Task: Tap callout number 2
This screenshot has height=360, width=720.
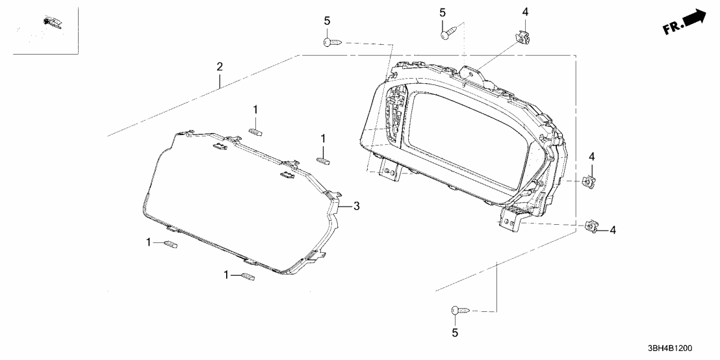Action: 220,66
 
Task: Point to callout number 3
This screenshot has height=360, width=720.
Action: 356,206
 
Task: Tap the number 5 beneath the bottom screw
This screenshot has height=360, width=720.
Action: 455,333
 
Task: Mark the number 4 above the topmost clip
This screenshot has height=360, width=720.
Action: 525,12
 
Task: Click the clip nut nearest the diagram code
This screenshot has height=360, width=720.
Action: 591,226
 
